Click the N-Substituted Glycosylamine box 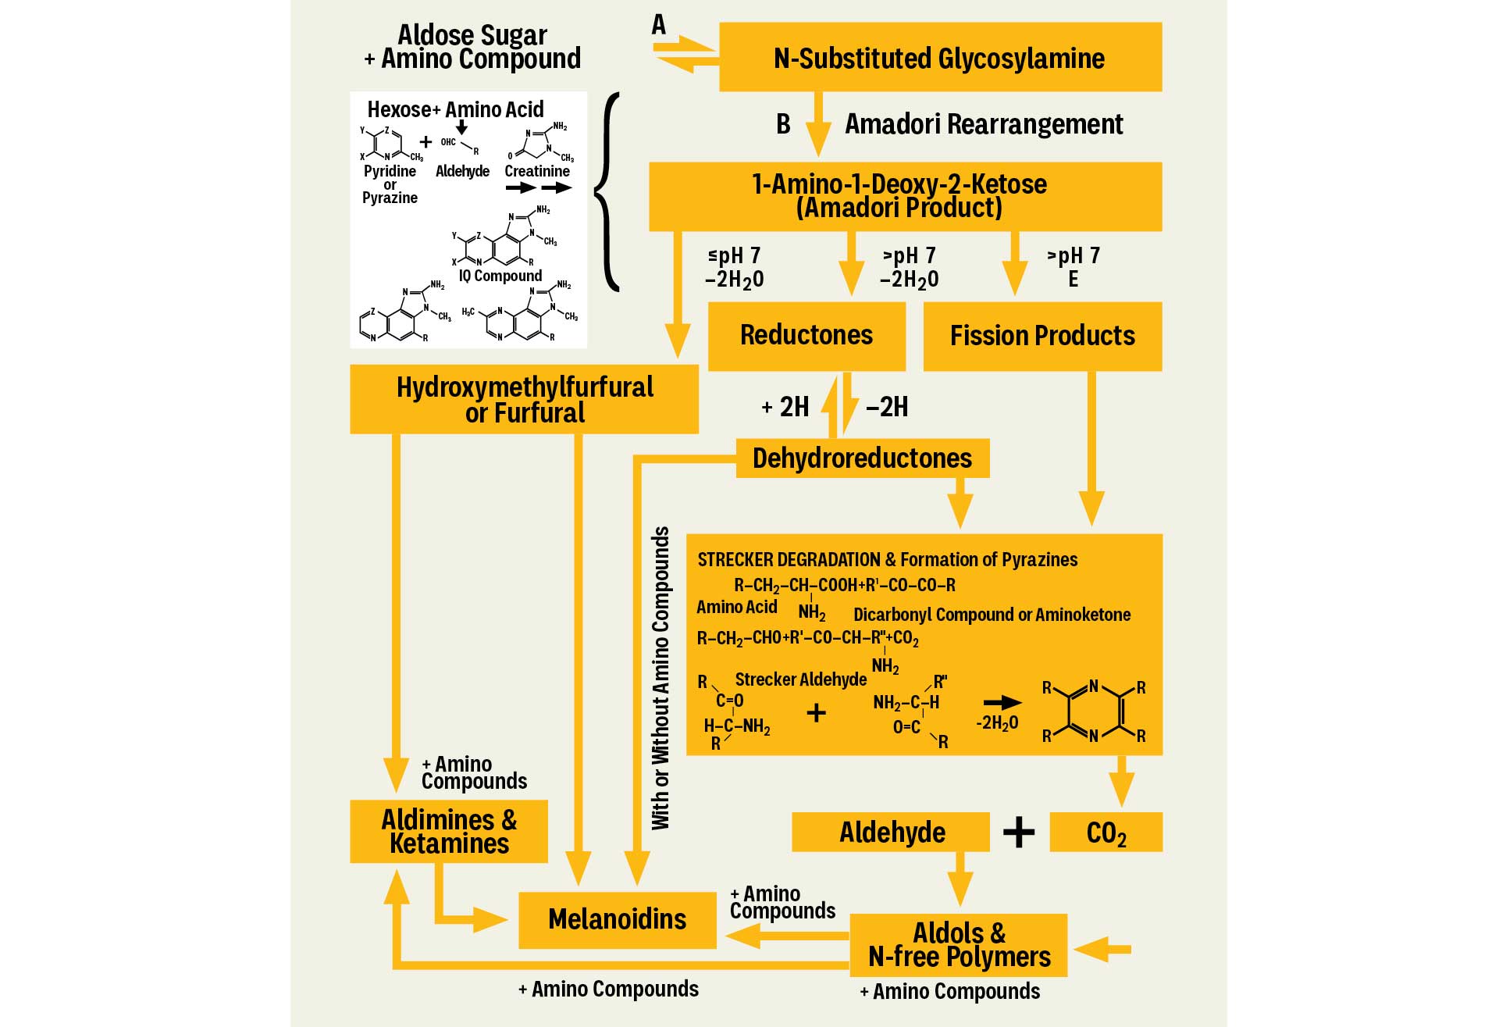(940, 57)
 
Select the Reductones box (806, 336)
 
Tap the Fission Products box (1042, 336)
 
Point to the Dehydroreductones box (862, 458)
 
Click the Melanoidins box (617, 919)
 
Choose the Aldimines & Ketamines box (449, 832)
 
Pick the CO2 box (1106, 833)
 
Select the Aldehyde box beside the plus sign (892, 833)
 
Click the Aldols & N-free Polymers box (959, 945)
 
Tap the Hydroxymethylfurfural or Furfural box (524, 399)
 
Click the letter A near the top (659, 25)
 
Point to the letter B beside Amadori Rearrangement (783, 124)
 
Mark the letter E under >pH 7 (1073, 279)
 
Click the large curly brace (608, 191)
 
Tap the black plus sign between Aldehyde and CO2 (1019, 833)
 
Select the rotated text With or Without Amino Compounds (661, 678)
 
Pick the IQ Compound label (500, 276)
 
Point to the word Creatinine (537, 171)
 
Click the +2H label (785, 407)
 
